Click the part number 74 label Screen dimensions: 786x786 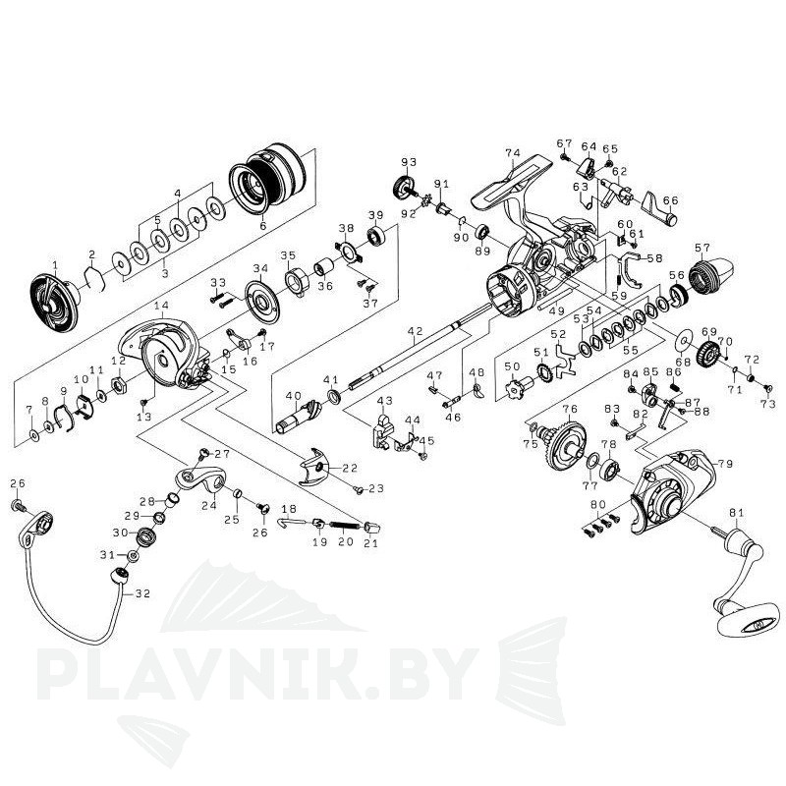[511, 153]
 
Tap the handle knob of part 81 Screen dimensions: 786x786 [740, 619]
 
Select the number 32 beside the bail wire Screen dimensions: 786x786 [142, 593]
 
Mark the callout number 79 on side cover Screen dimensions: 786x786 [726, 464]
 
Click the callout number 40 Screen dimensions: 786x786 [292, 397]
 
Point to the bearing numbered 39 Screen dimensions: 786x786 [375, 237]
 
